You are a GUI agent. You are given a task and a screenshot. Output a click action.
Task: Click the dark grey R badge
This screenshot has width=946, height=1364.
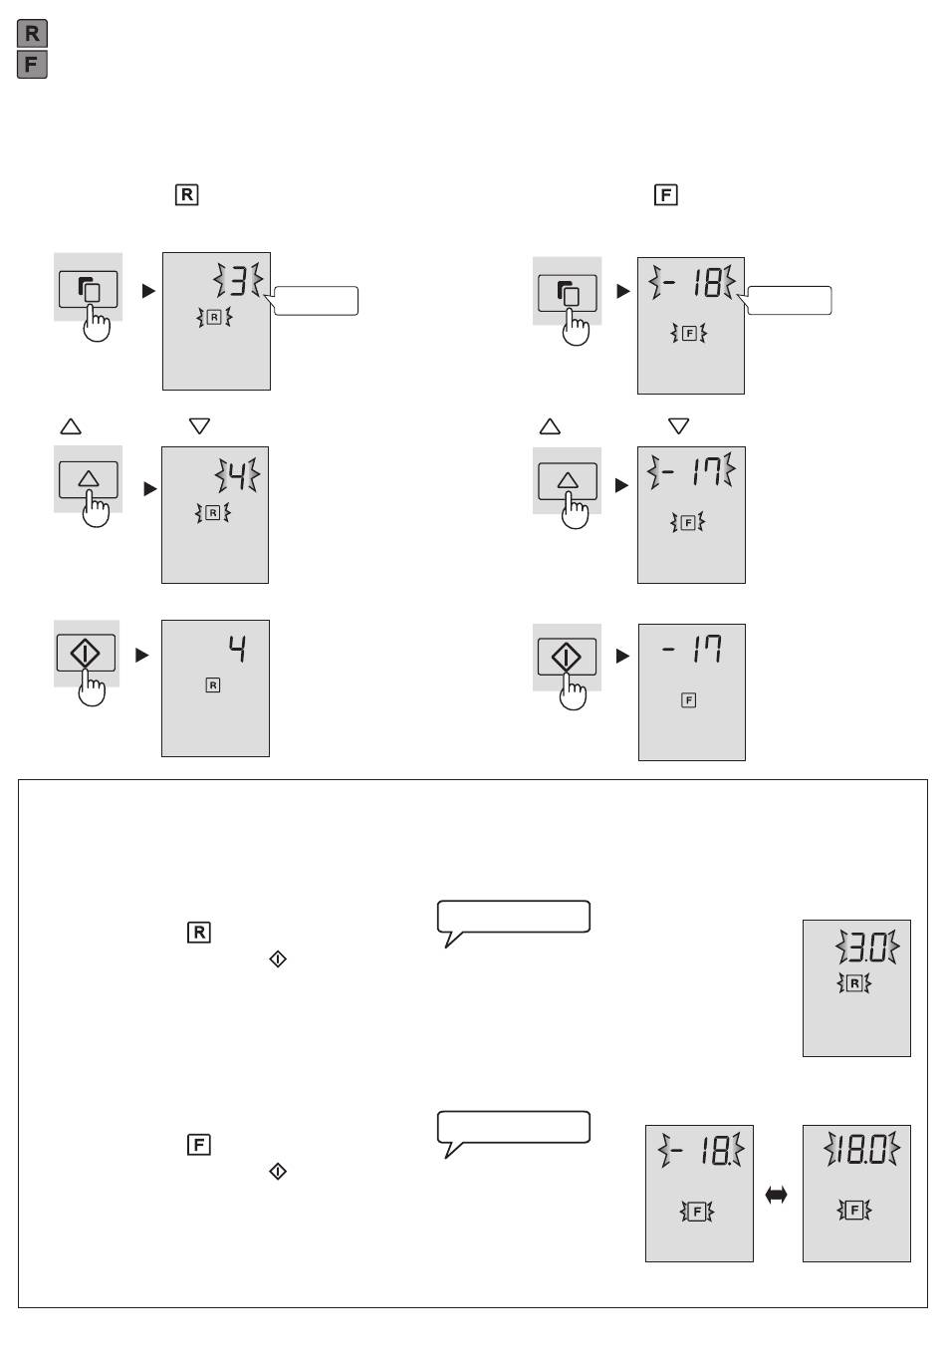32,34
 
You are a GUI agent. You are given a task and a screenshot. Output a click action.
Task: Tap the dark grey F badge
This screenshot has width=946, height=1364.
32,65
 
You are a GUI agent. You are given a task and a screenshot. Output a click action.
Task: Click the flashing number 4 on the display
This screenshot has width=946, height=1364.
238,475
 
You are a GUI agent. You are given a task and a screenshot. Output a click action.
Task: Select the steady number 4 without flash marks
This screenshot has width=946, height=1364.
238,649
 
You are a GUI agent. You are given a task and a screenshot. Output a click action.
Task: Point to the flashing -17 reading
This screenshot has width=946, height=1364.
691,470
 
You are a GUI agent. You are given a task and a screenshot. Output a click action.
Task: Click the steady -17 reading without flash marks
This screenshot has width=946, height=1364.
692,649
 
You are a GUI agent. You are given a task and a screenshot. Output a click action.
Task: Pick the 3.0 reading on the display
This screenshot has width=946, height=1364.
867,947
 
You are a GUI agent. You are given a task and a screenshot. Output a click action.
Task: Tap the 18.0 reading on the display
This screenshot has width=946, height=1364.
861,1149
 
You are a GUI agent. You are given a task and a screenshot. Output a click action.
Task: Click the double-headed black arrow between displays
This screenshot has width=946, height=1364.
776,1195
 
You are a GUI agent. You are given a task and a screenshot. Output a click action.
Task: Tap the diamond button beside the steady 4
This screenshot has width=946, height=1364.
86,653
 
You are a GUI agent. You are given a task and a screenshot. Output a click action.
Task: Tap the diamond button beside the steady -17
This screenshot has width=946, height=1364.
567,657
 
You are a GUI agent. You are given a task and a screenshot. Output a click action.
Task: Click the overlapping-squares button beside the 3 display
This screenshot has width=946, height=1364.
89,289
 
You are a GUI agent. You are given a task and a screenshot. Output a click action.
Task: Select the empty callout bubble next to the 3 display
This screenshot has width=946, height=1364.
315,301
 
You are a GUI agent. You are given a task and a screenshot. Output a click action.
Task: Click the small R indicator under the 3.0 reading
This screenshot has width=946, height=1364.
854,982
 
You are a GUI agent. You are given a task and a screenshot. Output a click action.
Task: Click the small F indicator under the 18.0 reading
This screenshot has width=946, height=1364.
854,1210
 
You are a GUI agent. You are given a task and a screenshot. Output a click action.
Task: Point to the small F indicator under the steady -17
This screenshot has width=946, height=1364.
688,700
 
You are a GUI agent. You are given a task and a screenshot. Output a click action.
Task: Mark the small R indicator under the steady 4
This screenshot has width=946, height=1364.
213,685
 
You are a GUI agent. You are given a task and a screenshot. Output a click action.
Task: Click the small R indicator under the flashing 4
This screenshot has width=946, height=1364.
212,513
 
